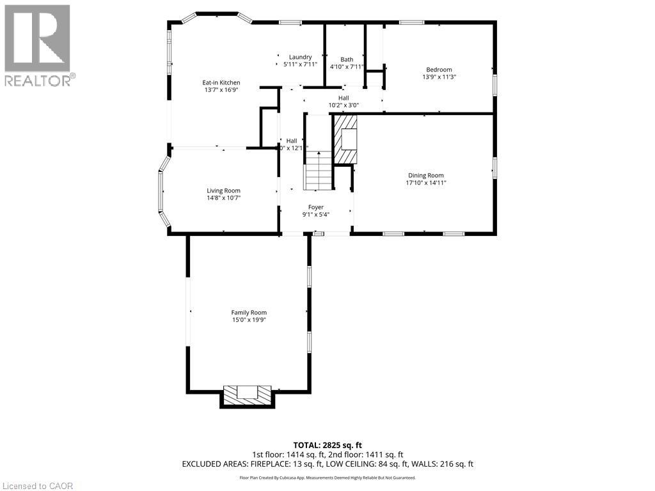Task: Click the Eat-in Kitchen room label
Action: click(x=221, y=82)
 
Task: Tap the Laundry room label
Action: click(x=300, y=57)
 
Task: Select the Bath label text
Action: click(x=347, y=59)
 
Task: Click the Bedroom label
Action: click(x=439, y=70)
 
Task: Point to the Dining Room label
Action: click(x=425, y=175)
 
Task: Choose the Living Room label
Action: click(x=223, y=191)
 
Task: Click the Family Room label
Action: click(x=249, y=313)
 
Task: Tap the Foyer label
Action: click(x=316, y=207)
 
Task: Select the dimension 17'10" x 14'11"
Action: click(x=425, y=183)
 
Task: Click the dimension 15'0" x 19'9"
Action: click(x=249, y=320)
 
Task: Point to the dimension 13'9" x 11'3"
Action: click(x=439, y=77)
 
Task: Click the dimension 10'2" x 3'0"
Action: click(x=343, y=105)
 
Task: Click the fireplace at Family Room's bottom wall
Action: click(x=247, y=396)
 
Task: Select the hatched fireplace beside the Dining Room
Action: click(x=345, y=139)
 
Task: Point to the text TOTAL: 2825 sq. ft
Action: click(x=327, y=445)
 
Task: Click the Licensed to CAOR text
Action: click(x=38, y=486)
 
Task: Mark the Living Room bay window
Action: click(x=162, y=191)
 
